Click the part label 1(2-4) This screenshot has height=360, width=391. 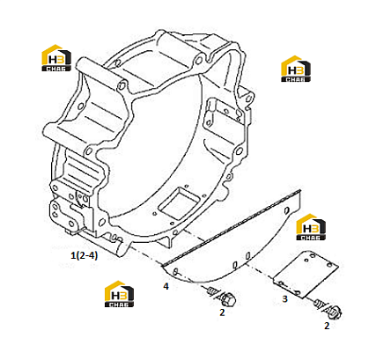(84, 255)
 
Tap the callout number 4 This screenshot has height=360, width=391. (166, 286)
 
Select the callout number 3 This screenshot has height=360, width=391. (284, 299)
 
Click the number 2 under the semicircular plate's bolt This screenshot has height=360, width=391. (222, 312)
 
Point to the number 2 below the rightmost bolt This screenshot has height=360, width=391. (327, 326)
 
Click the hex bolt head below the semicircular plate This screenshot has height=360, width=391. (229, 299)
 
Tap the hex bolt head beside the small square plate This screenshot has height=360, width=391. (335, 312)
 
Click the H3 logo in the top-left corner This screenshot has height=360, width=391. (56, 58)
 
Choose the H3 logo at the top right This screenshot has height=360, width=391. (296, 69)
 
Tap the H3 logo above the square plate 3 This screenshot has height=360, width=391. (311, 227)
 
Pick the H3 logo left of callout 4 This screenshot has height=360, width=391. (119, 294)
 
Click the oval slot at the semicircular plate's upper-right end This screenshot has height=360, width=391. (286, 210)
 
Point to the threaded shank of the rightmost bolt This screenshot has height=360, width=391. (319, 304)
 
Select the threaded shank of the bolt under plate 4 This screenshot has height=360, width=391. (213, 291)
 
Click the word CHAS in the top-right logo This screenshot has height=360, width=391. (296, 79)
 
